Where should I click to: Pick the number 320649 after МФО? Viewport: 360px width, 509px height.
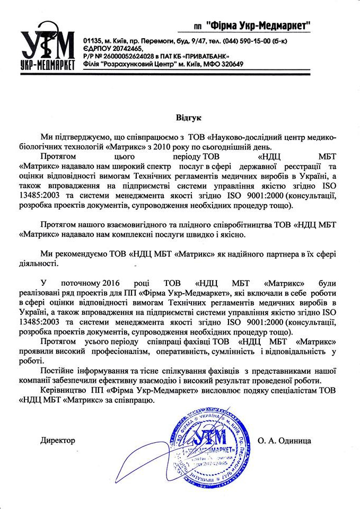coord(232,64)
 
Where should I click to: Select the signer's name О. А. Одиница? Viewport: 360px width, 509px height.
coord(285,440)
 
